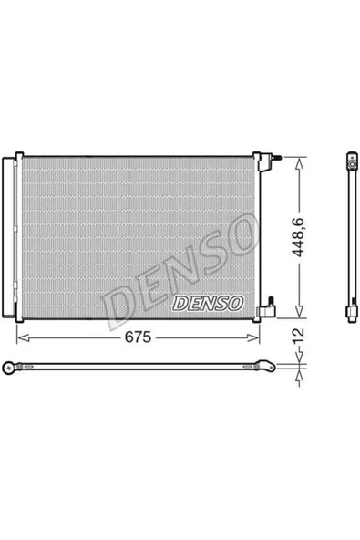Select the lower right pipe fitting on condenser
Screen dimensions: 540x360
(266, 309)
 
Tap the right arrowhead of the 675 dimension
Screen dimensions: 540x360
(258, 337)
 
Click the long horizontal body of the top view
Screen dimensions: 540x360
(137, 368)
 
